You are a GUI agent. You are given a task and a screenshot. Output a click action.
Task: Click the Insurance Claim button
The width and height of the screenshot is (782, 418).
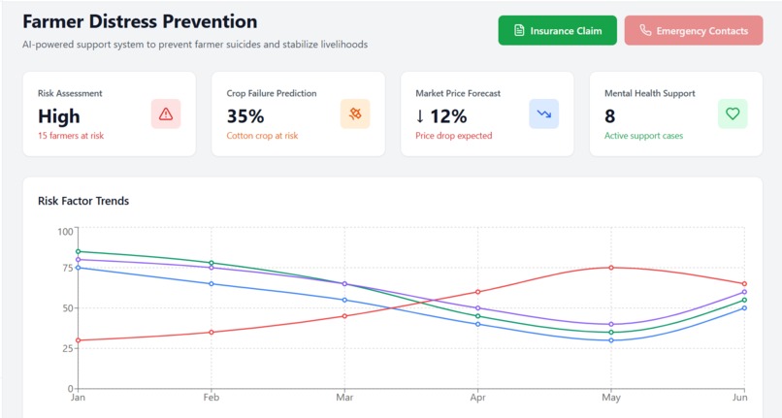coord(557,31)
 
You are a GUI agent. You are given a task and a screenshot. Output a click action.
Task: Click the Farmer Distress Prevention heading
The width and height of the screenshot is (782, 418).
coord(140,21)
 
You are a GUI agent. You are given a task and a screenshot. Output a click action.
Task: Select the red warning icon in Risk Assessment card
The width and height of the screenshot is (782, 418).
coord(166,114)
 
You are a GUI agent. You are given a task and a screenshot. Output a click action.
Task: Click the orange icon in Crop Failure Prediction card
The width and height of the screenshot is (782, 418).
coord(355,114)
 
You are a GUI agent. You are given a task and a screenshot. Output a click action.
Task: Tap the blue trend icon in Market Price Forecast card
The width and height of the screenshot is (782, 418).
coord(543,114)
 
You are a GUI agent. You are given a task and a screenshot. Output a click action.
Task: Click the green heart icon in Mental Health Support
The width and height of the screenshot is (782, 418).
coord(733,114)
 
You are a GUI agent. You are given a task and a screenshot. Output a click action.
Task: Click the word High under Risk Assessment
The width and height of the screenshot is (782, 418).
coord(59,116)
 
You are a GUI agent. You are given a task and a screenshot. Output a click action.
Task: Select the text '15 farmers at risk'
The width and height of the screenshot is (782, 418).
coord(71,136)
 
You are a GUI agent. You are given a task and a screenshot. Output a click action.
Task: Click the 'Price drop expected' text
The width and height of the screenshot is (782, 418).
coord(453,136)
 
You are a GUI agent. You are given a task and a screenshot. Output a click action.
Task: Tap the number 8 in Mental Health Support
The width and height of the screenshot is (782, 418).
coord(610,116)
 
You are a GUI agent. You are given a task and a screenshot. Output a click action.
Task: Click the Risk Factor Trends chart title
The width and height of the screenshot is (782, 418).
coord(83,201)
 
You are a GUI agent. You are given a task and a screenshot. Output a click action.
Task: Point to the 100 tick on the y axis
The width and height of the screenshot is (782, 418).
coord(65,231)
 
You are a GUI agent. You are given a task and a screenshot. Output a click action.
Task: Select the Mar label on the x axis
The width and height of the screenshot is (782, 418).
coord(344,397)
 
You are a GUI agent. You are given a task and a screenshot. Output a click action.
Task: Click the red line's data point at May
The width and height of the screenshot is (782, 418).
coord(611,268)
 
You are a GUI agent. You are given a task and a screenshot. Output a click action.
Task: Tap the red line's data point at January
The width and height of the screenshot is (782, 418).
coord(78,340)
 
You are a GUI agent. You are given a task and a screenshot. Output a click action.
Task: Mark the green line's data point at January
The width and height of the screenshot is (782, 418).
coord(78,251)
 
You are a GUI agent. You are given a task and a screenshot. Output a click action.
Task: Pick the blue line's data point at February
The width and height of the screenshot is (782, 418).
coord(212,283)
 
